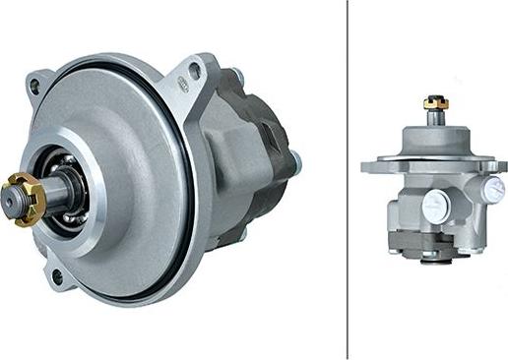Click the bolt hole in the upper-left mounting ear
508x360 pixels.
[x=35, y=87]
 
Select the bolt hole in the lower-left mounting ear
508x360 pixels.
[x=56, y=277]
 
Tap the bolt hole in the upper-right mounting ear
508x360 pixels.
[x=195, y=70]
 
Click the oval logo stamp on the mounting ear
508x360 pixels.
[x=182, y=88]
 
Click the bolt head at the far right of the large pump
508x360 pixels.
[x=295, y=161]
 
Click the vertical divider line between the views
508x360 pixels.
[x=348, y=177]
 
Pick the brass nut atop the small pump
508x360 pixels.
[x=434, y=102]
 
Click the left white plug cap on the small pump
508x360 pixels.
[x=434, y=206]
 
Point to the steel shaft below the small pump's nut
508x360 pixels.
[x=434, y=117]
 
